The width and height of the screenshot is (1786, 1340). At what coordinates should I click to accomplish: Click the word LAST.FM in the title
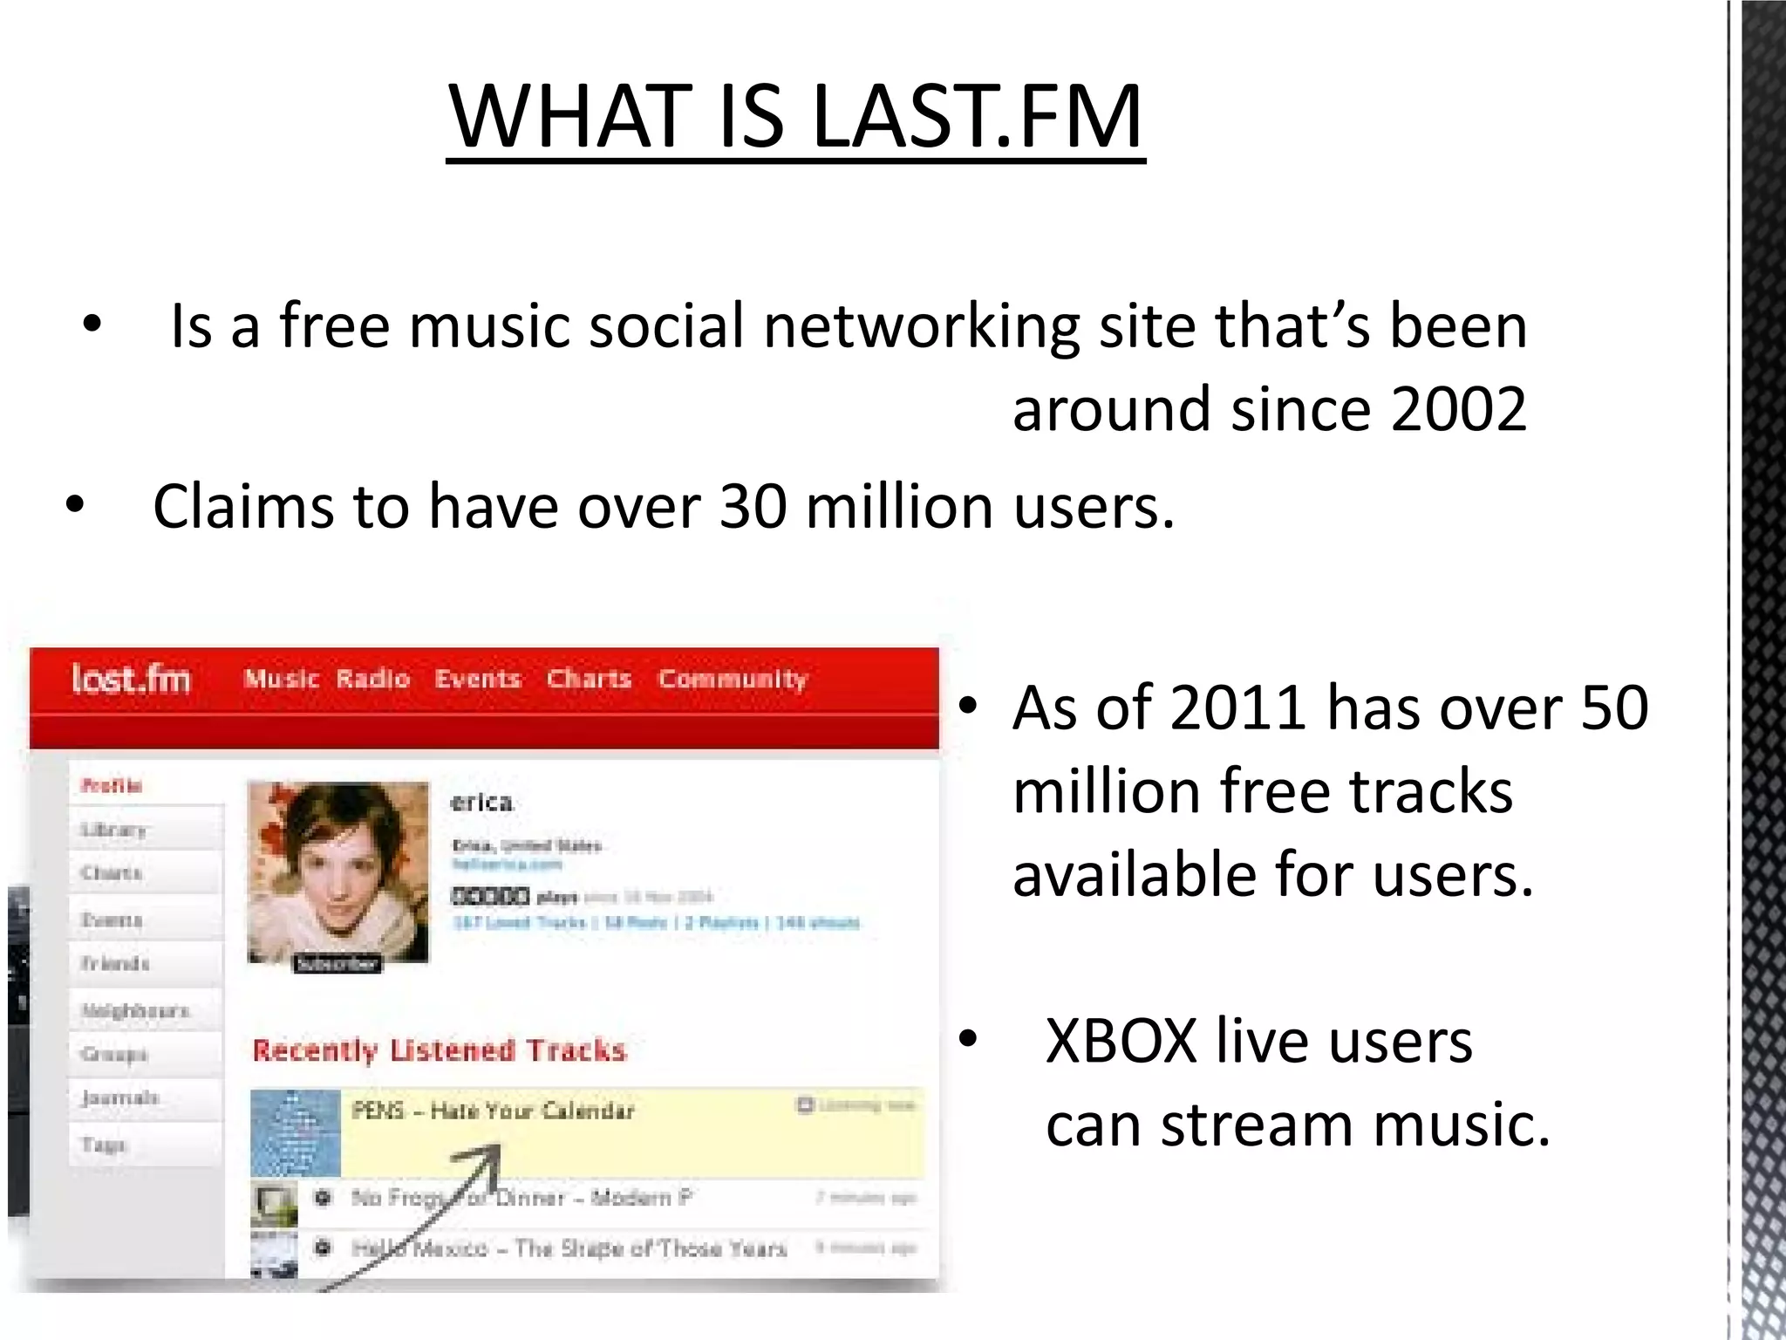(x=977, y=118)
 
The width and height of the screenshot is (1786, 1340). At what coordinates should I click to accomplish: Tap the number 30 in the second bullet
(x=752, y=507)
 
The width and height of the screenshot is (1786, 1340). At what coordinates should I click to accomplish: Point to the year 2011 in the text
(x=1237, y=708)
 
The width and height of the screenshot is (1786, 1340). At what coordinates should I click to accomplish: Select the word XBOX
(x=1121, y=1042)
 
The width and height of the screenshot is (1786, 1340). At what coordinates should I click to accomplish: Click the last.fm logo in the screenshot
(x=131, y=679)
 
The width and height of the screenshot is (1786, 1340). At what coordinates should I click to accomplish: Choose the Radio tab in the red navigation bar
(x=372, y=679)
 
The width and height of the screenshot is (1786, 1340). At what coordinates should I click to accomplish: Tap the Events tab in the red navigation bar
(x=478, y=679)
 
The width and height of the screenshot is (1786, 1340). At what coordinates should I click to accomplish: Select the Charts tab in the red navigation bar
(x=589, y=679)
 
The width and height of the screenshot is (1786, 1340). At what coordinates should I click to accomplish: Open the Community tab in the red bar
(x=733, y=679)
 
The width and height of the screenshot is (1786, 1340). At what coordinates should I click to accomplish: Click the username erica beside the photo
(x=481, y=803)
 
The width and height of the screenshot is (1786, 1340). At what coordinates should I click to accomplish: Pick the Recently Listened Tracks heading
(x=440, y=1050)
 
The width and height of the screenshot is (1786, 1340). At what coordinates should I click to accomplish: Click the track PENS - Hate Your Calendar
(x=493, y=1111)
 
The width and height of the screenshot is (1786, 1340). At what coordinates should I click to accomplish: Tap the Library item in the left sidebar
(x=113, y=830)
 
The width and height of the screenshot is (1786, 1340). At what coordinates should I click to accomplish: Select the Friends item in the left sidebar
(x=115, y=964)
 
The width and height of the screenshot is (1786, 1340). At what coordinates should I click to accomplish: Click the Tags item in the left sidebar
(x=104, y=1144)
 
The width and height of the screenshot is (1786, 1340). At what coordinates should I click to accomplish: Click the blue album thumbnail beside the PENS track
(x=295, y=1132)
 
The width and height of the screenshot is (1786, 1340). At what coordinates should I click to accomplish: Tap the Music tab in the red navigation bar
(x=281, y=679)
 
